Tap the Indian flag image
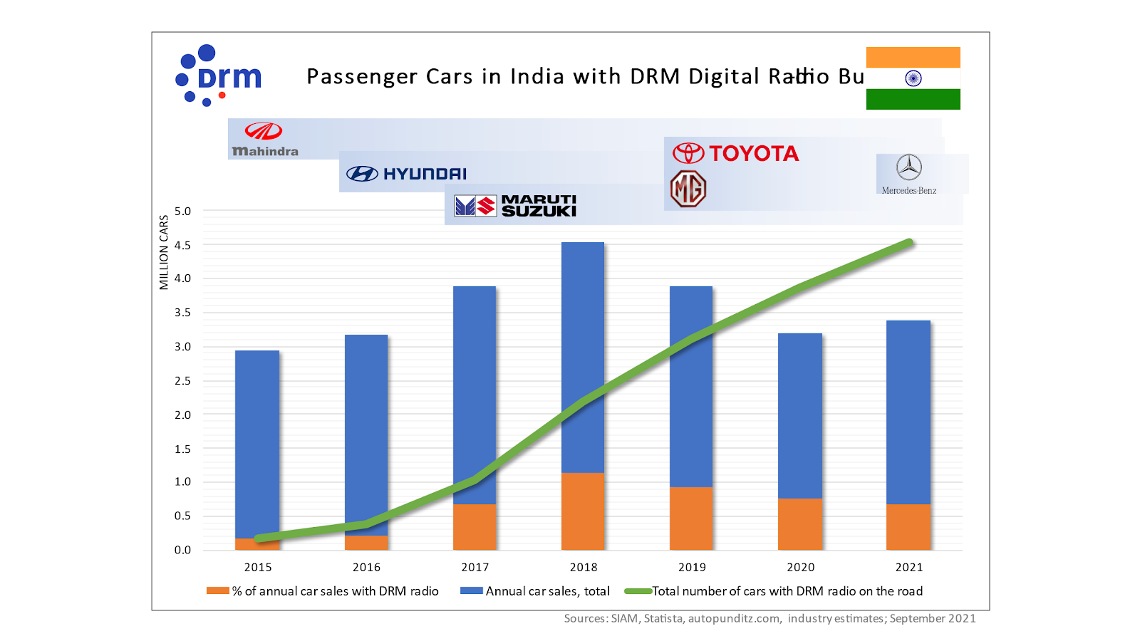[x=913, y=78]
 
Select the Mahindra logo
[x=264, y=140]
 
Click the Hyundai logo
[x=406, y=174]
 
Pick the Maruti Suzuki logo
[x=515, y=206]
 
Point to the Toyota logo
[x=736, y=153]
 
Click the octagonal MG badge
[x=688, y=189]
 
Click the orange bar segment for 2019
[x=691, y=518]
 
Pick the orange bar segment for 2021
[x=908, y=527]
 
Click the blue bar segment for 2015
[x=257, y=442]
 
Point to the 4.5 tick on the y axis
[x=183, y=245]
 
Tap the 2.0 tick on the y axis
[x=183, y=415]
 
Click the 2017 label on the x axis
[x=475, y=567]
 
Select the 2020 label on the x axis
[x=801, y=567]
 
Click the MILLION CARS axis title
[x=164, y=252]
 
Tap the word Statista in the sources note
[x=663, y=618]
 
